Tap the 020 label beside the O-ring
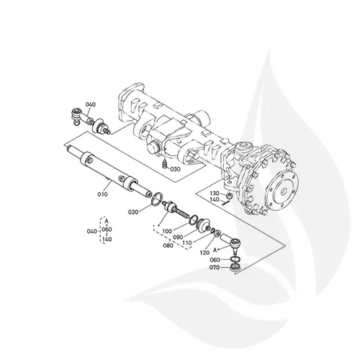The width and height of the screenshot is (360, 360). pyautogui.click(x=132, y=213)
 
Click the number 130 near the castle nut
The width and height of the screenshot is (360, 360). pyautogui.click(x=214, y=194)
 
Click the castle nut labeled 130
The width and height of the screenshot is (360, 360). pyautogui.click(x=227, y=195)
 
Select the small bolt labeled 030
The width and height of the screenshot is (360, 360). pyautogui.click(x=164, y=166)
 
